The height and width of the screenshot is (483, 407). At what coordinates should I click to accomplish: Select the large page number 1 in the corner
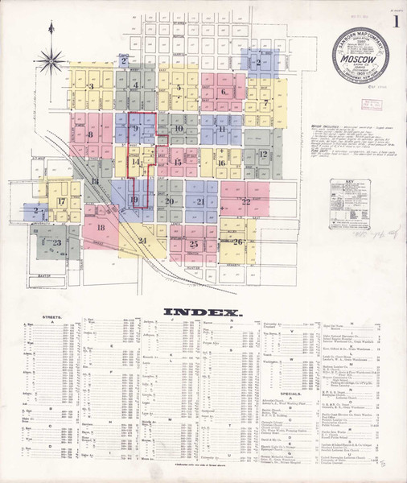click(x=395, y=22)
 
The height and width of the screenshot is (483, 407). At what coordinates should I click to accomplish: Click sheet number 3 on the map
click(x=92, y=85)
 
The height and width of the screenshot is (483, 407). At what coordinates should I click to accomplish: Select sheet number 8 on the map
click(x=91, y=134)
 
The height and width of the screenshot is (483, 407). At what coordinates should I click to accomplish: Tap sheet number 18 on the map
click(x=101, y=228)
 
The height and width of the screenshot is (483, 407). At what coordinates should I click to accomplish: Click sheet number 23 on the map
click(x=56, y=242)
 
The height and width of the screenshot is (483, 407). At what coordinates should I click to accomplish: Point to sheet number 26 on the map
click(x=238, y=242)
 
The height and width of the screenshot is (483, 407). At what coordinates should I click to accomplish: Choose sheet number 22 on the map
click(x=246, y=200)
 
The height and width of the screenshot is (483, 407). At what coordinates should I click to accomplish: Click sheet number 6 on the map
click(x=224, y=92)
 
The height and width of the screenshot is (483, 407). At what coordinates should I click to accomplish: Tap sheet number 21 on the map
click(x=200, y=201)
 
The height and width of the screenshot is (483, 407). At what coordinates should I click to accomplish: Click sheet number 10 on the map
click(x=179, y=129)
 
